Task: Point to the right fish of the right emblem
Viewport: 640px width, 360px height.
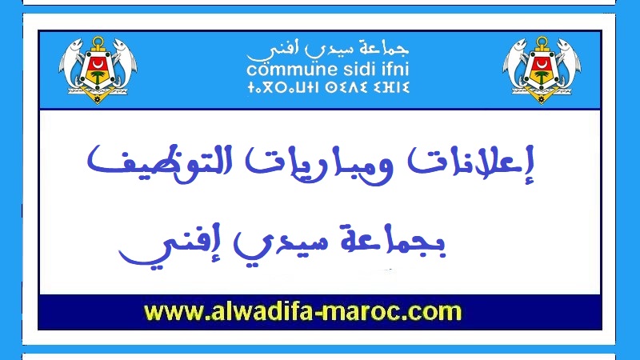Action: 570,62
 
